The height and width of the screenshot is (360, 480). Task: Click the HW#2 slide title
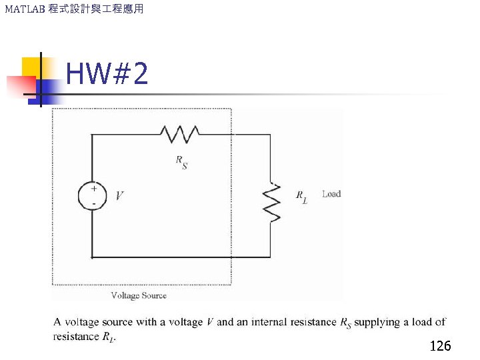[x=107, y=75]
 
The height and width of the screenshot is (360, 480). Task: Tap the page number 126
[x=440, y=346]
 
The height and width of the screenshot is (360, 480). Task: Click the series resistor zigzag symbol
[x=179, y=134]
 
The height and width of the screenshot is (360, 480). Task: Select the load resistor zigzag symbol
[x=272, y=202]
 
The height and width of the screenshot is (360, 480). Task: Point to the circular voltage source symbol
[x=93, y=195]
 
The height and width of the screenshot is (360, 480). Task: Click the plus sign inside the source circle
[x=94, y=189]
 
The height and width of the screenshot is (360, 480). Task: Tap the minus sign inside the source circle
[x=94, y=202]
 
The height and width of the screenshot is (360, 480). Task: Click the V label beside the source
[x=119, y=196]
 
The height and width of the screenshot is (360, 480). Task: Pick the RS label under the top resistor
[x=181, y=162]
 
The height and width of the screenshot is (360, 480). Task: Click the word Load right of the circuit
[x=331, y=194]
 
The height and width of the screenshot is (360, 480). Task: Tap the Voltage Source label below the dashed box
[x=139, y=295]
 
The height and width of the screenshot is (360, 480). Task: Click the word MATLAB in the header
[x=24, y=9]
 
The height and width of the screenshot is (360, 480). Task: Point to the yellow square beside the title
[x=31, y=67]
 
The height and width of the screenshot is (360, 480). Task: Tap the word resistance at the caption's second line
[x=76, y=337]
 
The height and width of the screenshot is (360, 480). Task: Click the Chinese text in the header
[x=96, y=9]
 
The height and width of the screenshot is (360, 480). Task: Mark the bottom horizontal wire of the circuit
[x=180, y=257]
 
